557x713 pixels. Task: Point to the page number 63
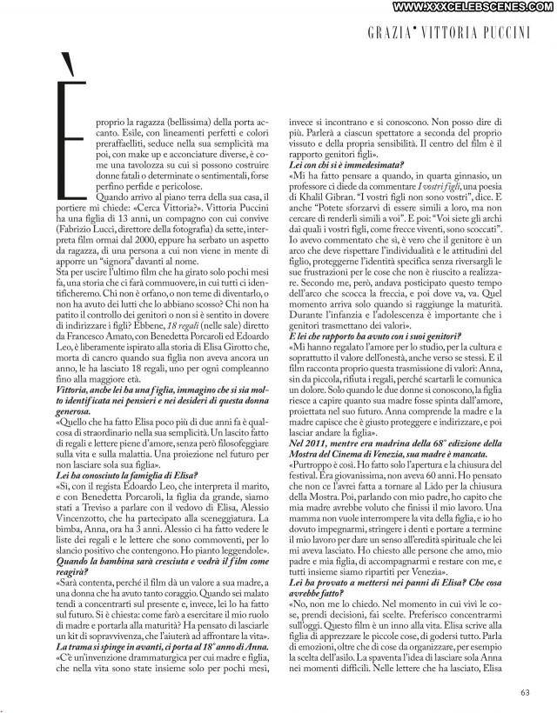click(x=524, y=693)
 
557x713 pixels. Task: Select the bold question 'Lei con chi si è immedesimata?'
click(x=340, y=164)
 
